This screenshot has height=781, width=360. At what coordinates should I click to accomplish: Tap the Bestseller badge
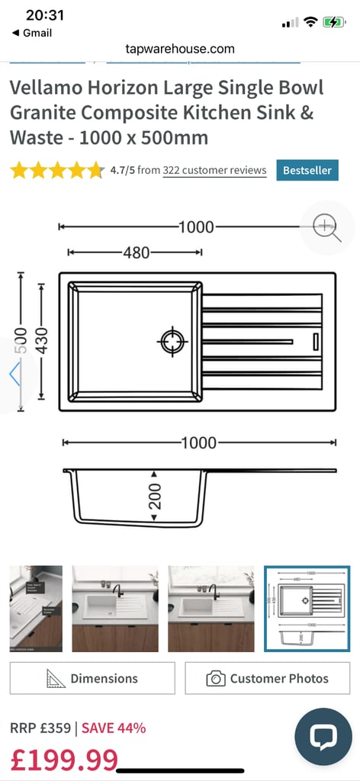coord(307,170)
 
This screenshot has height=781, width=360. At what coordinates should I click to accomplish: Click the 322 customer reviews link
coord(214,170)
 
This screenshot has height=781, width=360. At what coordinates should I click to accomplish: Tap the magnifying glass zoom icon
coord(326,227)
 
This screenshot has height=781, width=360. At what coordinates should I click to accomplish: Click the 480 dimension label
coord(136,252)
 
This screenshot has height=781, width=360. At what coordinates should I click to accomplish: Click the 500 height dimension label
coord(21,340)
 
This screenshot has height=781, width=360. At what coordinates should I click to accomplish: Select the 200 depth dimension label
coord(155,495)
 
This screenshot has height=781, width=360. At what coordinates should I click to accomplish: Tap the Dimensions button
coord(92,678)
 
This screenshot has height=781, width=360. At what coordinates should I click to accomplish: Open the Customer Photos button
coord(268,678)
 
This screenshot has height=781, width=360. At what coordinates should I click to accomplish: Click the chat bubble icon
coord(323,736)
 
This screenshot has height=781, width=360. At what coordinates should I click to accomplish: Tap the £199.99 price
coord(64,760)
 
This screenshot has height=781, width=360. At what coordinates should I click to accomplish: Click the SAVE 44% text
coord(114,727)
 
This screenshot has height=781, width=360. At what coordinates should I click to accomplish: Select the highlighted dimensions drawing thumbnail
coord(307,609)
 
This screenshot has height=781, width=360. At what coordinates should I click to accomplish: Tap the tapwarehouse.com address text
coord(180,48)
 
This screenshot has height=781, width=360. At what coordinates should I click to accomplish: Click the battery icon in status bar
coord(334,22)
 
